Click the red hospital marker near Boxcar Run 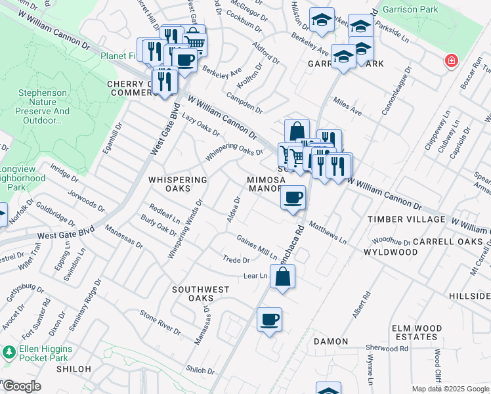click(x=451, y=62)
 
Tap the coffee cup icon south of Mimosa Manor click(x=293, y=197)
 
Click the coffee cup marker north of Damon click(x=269, y=320)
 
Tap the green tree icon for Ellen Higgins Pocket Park click(x=9, y=353)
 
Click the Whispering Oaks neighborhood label click(x=178, y=184)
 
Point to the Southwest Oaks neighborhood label click(x=201, y=294)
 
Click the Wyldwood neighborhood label click(x=391, y=252)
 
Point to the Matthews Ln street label click(x=328, y=232)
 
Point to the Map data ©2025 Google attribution click(x=450, y=389)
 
